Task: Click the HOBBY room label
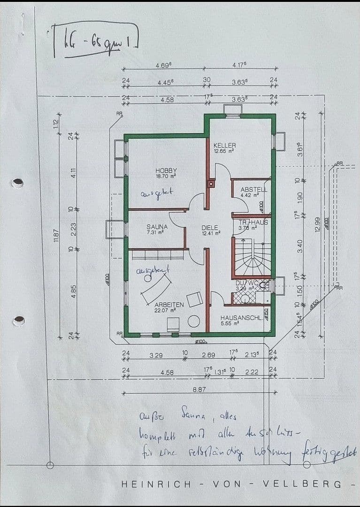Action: tap(166, 170)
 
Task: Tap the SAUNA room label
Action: tap(157, 226)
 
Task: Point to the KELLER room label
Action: tap(224, 146)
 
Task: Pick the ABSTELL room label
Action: tap(253, 190)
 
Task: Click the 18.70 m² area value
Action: tap(166, 177)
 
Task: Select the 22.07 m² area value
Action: tap(166, 310)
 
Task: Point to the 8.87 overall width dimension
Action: tap(199, 389)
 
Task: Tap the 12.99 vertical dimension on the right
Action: tap(318, 223)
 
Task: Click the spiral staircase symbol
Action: tap(252, 258)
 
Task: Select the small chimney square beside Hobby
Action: tap(211, 184)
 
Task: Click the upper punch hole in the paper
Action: tap(17, 183)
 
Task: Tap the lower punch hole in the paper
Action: tap(19, 321)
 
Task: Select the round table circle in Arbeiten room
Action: tap(193, 322)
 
